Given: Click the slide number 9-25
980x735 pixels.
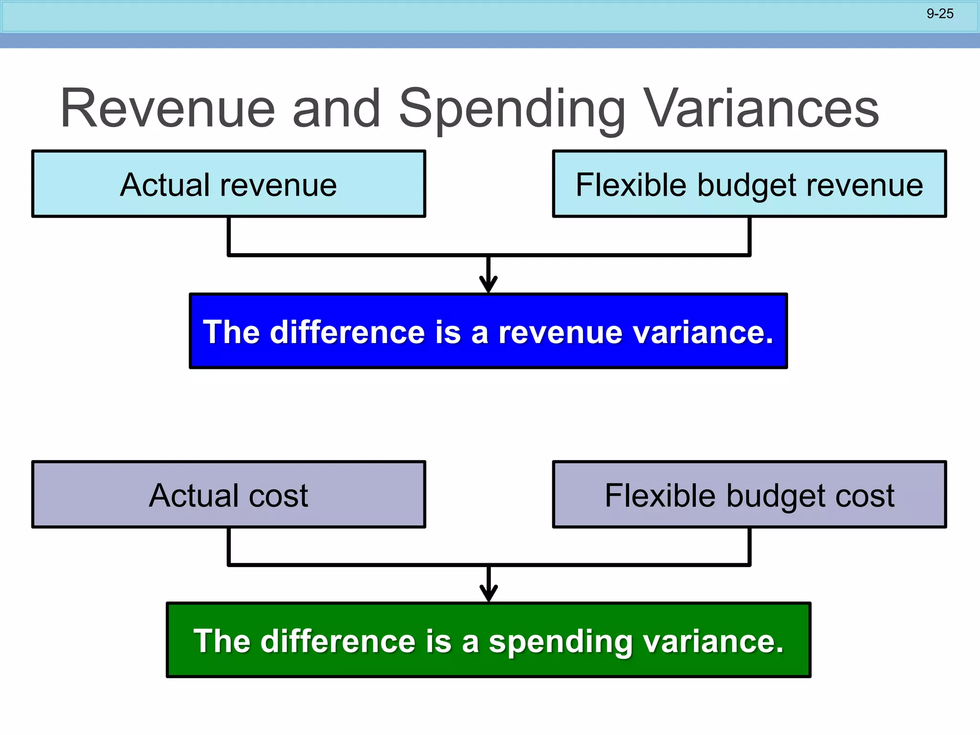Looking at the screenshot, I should click(x=940, y=14).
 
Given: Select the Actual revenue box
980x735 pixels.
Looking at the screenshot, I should click(x=229, y=184).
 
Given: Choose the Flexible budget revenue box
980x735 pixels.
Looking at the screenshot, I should click(x=749, y=184).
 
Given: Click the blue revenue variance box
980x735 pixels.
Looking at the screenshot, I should click(x=488, y=331).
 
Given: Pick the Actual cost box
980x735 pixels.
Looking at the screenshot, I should click(x=229, y=494).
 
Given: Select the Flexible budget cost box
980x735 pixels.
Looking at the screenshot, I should click(x=749, y=494).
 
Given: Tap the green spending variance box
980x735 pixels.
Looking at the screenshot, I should click(x=488, y=640).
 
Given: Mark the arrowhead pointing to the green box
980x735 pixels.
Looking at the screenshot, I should click(x=488, y=594).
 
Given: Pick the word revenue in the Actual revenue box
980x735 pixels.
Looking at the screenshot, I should click(x=278, y=186).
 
